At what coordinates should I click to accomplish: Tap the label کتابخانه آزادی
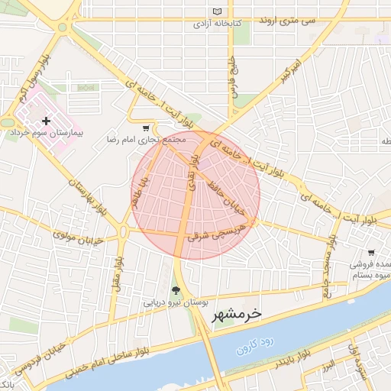217,24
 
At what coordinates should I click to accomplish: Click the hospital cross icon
47,121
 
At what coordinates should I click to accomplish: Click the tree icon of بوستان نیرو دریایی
177,290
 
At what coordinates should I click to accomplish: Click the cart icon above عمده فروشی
371,252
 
